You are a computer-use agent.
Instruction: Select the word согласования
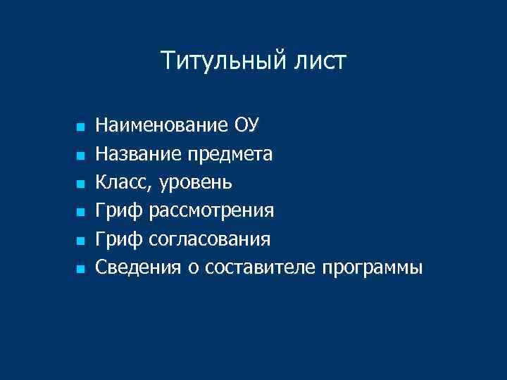210,240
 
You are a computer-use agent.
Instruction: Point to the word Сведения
138,268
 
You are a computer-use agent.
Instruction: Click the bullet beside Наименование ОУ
80,127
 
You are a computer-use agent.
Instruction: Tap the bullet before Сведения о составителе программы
80,269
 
